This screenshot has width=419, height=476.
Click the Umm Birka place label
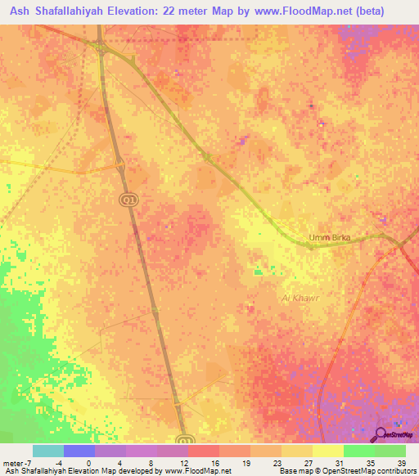329,238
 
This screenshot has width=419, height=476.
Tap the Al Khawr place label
299,299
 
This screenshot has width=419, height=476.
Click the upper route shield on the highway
128,200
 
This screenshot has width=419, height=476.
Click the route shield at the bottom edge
186,439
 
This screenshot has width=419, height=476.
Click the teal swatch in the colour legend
48,451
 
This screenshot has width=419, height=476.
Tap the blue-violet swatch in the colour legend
79,451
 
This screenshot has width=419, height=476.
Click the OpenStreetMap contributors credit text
372,471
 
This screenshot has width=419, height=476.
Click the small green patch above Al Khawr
259,272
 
